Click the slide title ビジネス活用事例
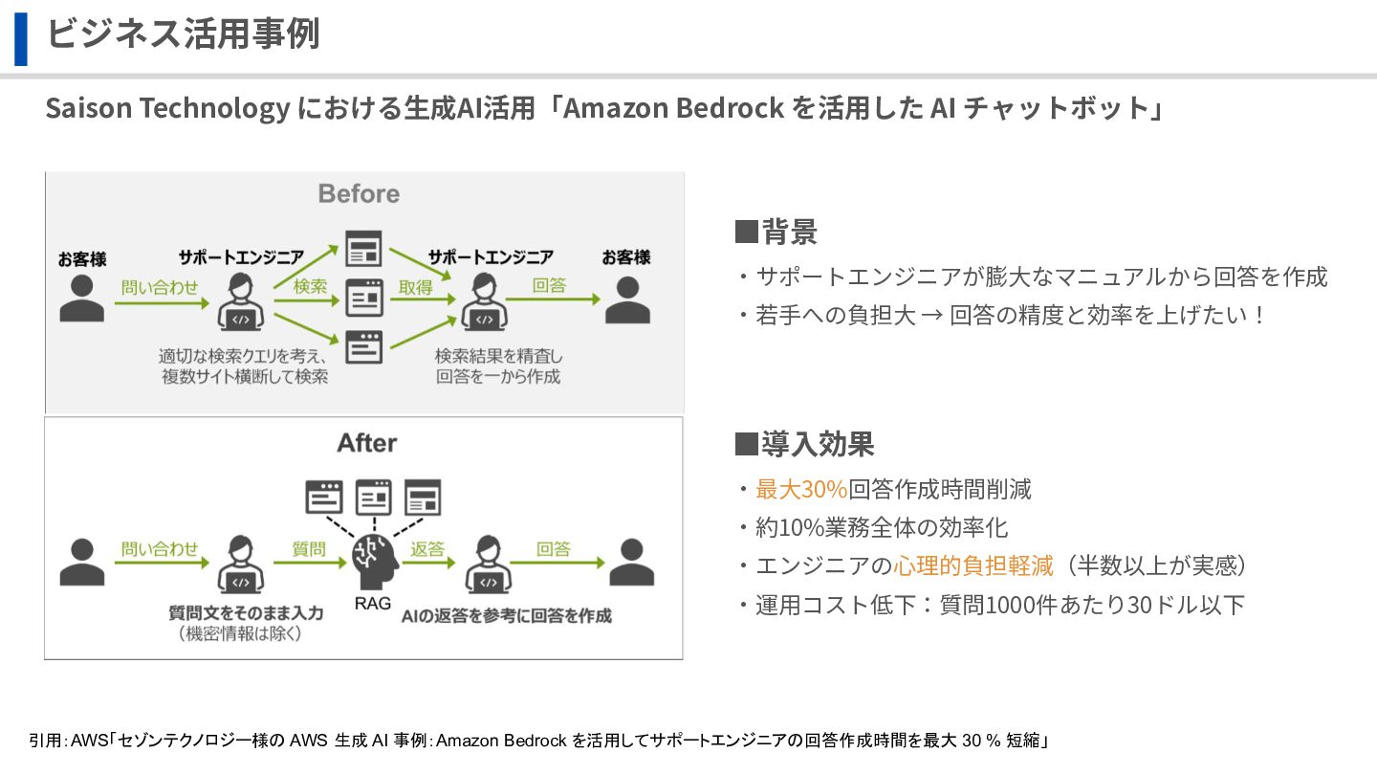click(183, 34)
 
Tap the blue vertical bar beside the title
click(20, 38)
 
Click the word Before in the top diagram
click(359, 194)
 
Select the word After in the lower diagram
click(366, 444)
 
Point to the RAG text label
click(373, 604)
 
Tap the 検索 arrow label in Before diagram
click(310, 286)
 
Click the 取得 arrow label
click(416, 286)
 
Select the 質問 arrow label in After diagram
click(309, 549)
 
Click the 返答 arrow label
click(427, 549)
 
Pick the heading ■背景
click(776, 232)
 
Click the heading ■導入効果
click(804, 445)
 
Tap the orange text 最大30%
click(801, 490)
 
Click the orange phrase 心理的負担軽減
click(973, 566)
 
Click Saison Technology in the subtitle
click(167, 108)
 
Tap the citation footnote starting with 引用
click(540, 741)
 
